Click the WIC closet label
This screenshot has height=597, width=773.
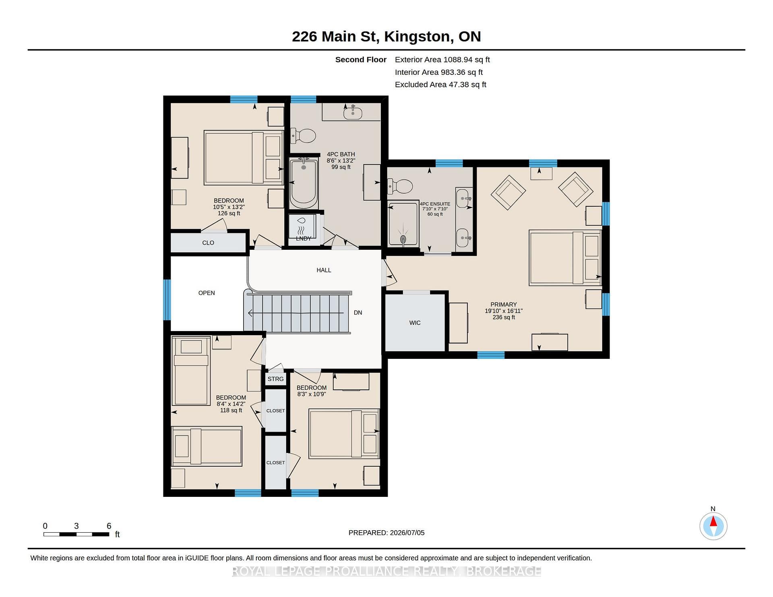pos(415,323)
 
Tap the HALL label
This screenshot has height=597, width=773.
pos(324,270)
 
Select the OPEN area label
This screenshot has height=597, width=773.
pos(207,293)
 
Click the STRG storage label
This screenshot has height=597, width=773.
pos(275,379)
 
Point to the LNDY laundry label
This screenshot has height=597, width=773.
pos(303,239)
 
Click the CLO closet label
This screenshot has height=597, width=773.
pos(208,243)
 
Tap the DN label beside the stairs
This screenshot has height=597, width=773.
pos(358,313)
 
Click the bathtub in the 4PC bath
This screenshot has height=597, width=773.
pos(304,182)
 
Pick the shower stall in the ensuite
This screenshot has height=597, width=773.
pos(403,224)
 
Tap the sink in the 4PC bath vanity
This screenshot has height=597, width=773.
pos(353,113)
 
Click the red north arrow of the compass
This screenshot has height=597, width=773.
pos(713,521)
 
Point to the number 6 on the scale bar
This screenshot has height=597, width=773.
pos(109,526)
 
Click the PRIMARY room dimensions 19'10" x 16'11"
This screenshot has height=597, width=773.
pos(504,311)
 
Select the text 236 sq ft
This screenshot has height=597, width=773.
pos(504,317)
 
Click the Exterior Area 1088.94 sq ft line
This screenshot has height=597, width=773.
pos(442,60)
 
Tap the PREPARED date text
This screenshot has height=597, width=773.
pos(386,533)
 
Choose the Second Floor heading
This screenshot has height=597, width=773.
pos(361,60)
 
